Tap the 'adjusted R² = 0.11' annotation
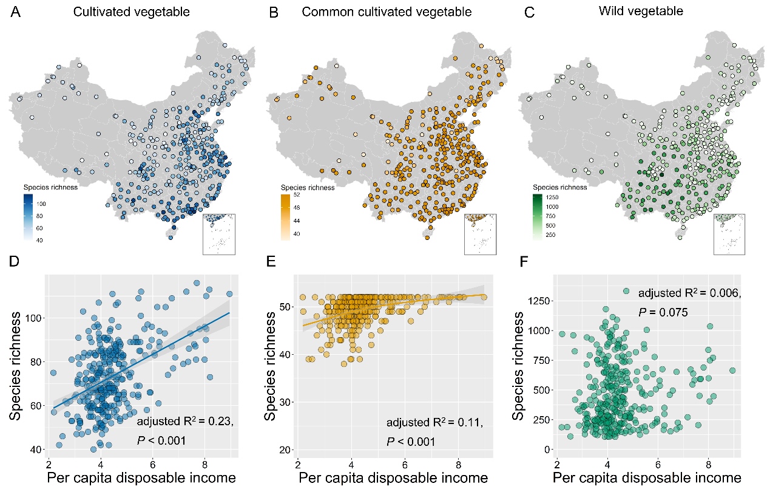[x=435, y=422]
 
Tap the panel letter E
[x=271, y=264]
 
